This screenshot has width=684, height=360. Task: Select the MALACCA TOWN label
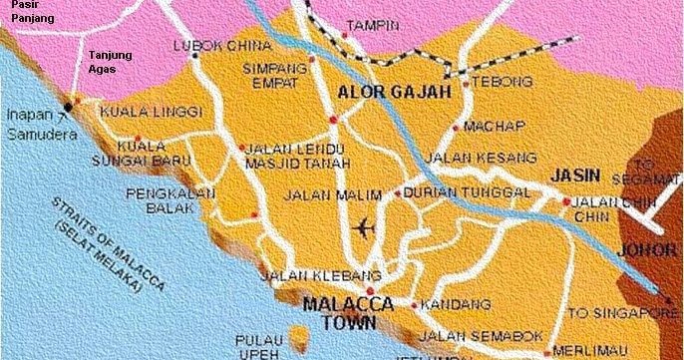coord(348,313)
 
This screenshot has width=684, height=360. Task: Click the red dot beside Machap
coord(456,128)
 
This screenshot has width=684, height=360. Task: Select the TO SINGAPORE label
coord(623,313)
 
